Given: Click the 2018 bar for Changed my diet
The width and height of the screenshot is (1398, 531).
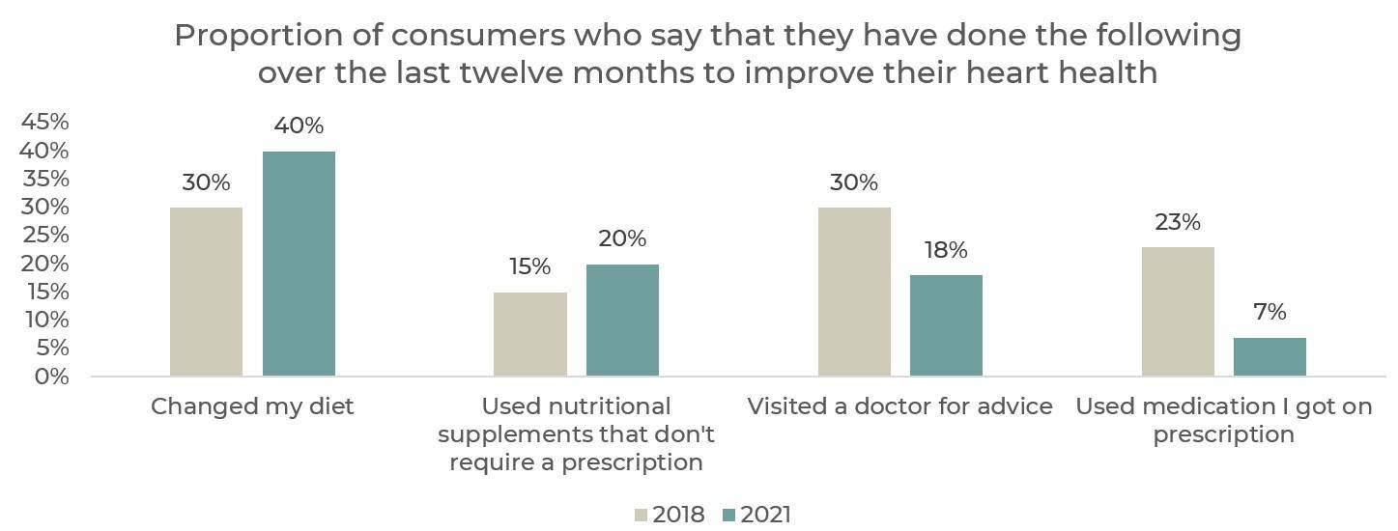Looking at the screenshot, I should (x=206, y=292).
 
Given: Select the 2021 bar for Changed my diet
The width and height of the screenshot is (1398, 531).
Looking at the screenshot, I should (x=299, y=264).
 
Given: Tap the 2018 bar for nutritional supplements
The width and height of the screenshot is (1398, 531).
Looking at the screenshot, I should (x=529, y=334).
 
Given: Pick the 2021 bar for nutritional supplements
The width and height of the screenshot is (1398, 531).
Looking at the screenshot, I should (x=622, y=320).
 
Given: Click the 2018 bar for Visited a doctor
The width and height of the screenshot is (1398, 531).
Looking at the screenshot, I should (x=854, y=292).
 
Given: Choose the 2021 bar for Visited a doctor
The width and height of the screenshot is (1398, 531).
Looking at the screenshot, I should (x=946, y=325).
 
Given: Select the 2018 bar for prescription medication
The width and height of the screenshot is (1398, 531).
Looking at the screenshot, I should (x=1178, y=311).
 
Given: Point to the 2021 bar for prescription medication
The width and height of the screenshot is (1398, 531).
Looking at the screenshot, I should (x=1270, y=356).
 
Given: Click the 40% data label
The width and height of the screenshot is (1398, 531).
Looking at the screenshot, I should (x=299, y=126).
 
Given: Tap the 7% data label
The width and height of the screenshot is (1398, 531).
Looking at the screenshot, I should (x=1270, y=312).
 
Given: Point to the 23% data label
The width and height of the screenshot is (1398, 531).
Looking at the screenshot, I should (x=1178, y=222).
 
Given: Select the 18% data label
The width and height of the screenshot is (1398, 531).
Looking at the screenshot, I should (x=945, y=250).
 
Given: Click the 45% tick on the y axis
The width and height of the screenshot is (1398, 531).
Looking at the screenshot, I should (x=44, y=122).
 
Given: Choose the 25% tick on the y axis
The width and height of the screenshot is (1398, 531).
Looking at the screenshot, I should (x=44, y=236).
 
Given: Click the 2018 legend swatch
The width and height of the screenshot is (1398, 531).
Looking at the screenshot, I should (x=642, y=515).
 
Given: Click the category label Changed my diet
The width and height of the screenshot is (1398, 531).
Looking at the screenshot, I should (x=252, y=406).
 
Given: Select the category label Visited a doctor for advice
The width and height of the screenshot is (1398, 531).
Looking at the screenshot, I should (x=899, y=406).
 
